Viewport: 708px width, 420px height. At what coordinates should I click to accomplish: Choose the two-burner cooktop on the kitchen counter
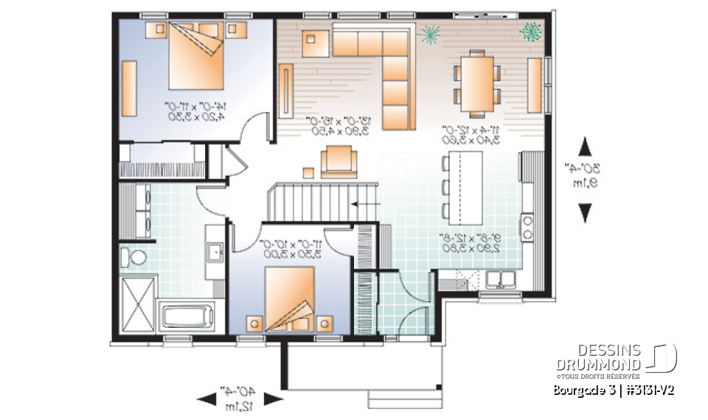(528, 226)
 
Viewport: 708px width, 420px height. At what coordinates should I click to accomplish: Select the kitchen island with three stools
(462, 189)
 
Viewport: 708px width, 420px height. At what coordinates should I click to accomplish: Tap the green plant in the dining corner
(530, 32)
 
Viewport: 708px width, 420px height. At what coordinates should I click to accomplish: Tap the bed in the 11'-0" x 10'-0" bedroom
(290, 301)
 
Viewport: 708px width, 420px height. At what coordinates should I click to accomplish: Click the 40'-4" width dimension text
(240, 391)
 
